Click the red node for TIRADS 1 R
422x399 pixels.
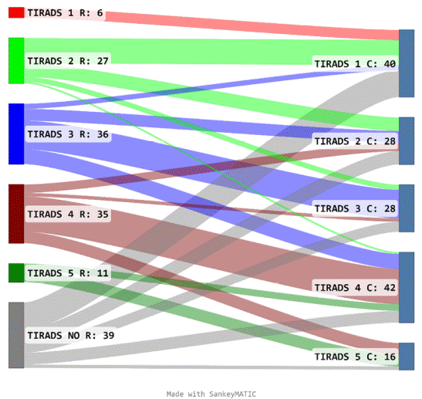tap(16, 12)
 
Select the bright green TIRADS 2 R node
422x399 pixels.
tap(16, 60)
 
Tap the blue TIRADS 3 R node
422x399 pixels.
tap(16, 134)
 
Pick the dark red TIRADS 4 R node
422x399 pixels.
tap(16, 214)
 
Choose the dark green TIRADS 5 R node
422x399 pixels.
tap(16, 272)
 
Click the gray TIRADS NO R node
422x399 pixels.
tap(16, 335)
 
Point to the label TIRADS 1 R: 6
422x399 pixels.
tap(65, 12)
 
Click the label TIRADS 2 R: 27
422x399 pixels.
tap(68, 61)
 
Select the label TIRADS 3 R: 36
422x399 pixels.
tap(68, 134)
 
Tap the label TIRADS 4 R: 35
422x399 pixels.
tap(68, 215)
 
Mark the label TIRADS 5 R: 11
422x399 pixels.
tap(68, 273)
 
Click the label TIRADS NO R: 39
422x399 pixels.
tap(71, 336)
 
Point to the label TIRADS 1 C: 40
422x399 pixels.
tap(355, 64)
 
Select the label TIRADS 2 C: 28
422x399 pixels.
tap(355, 141)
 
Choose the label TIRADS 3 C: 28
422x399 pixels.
tap(355, 208)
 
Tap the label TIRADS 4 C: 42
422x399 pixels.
tap(355, 288)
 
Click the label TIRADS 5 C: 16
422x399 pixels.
tap(355, 357)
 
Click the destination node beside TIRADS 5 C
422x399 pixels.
tap(407, 357)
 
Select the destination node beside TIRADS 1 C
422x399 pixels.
tap(407, 63)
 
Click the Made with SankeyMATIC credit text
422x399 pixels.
tap(211, 394)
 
